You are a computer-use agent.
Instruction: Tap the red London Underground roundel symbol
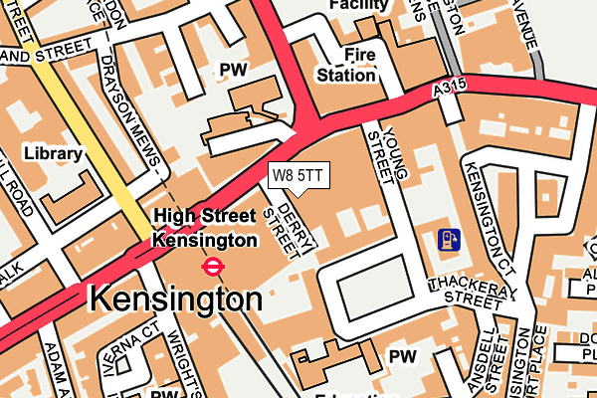[211, 266]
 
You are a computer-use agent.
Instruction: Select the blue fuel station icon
[449, 239]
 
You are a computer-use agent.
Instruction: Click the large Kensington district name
[176, 298]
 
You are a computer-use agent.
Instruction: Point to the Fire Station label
[345, 64]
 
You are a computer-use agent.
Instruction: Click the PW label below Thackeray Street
[403, 355]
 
